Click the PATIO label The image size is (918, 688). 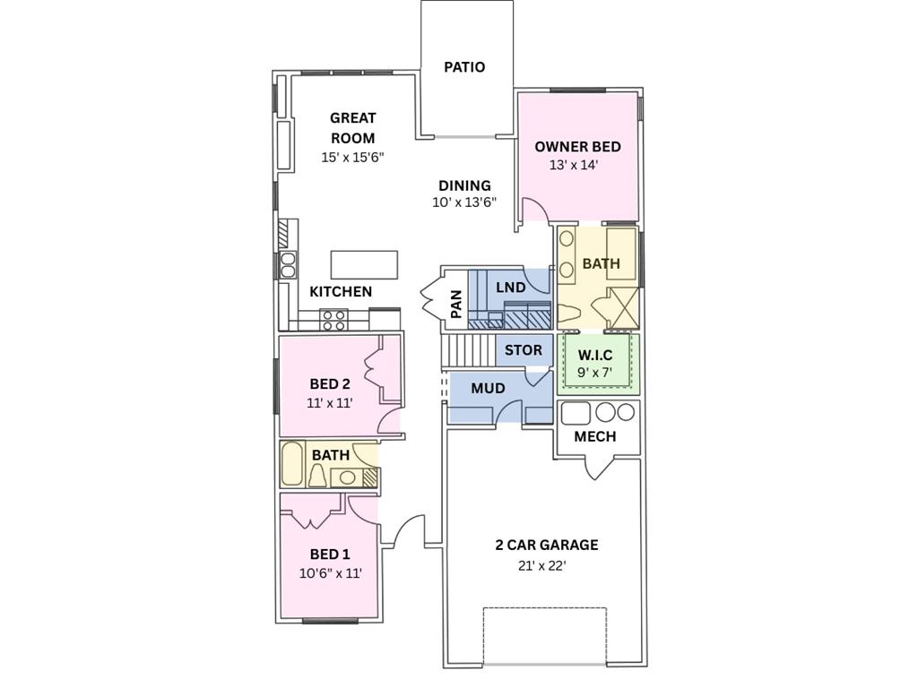pos(464,67)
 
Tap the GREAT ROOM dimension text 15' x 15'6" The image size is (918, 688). pos(352,157)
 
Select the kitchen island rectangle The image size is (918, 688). pos(364,265)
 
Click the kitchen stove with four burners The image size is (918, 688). pos(334,319)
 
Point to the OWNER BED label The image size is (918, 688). pos(577,147)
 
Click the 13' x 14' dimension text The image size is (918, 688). pos(573,165)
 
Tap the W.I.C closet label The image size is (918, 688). pos(595,355)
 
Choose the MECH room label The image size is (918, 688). pos(594,436)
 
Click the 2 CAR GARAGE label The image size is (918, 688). pos(546,545)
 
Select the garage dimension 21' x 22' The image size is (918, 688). pos(541,565)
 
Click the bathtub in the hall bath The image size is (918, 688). pos(292,463)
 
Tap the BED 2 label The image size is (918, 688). pos(330,384)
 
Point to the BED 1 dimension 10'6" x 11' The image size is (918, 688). pos(330,573)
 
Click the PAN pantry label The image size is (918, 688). pos(455,304)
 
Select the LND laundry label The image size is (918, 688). pos(510,288)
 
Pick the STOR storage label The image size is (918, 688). pos(523,350)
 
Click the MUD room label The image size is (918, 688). pos(488,389)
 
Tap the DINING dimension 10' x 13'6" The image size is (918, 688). pos(464,202)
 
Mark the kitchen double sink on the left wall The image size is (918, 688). pos(288,265)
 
